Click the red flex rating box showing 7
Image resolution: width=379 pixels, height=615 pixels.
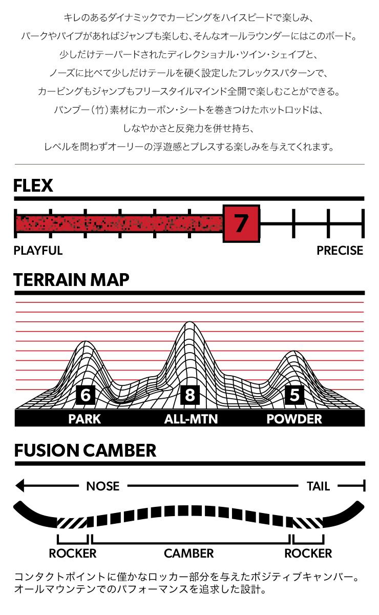[241, 223]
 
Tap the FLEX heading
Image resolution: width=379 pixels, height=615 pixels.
[33, 186]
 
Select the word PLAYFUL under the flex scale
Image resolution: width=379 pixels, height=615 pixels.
[38, 251]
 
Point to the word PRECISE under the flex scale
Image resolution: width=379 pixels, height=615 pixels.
[340, 251]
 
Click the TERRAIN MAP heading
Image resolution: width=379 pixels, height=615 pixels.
[71, 280]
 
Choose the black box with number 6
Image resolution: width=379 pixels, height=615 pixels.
[86, 395]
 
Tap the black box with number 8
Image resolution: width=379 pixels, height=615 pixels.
[190, 395]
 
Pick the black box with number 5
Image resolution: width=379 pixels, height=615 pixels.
[294, 395]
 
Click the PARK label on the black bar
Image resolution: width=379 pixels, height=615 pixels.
[85, 419]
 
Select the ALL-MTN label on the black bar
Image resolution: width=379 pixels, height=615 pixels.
[191, 419]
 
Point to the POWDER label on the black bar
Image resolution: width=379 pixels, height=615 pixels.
[294, 419]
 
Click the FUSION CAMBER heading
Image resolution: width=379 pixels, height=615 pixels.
[85, 451]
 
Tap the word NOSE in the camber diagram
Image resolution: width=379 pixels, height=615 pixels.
[102, 486]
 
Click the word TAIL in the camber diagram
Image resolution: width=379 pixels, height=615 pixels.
[319, 486]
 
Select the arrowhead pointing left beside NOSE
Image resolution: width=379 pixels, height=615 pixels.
[20, 486]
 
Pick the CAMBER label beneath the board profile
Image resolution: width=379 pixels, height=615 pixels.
[189, 553]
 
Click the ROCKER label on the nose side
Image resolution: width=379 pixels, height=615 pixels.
[73, 553]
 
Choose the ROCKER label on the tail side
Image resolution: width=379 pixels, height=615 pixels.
[308, 553]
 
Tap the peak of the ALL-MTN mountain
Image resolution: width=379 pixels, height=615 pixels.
[189, 322]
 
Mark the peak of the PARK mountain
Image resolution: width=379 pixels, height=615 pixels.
[86, 341]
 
